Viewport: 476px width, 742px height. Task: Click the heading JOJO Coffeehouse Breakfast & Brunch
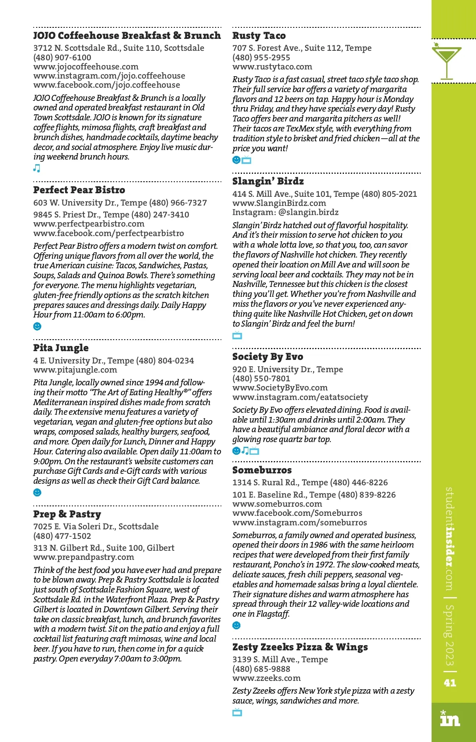[127, 36]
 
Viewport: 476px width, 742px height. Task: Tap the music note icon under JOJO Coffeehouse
[36, 168]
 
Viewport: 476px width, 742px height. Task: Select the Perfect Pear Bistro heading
[79, 190]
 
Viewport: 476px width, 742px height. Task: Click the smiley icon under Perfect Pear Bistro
[37, 326]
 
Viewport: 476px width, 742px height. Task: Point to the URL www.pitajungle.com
[75, 370]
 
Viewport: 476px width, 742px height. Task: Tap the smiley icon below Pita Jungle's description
[37, 492]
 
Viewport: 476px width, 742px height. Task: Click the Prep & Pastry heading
[67, 514]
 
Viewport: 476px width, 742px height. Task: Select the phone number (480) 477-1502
[62, 536]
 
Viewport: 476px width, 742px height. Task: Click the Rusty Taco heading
[259, 36]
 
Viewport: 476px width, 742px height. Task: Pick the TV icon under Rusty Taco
[247, 160]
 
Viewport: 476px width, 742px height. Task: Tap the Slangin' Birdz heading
[268, 181]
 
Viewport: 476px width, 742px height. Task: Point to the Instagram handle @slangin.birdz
[308, 212]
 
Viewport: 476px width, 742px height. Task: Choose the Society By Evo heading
[267, 357]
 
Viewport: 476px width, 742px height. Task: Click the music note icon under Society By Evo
[245, 451]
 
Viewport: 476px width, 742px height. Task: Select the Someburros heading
[262, 470]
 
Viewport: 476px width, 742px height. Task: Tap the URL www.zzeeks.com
[266, 678]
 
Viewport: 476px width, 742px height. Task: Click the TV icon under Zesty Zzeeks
[237, 712]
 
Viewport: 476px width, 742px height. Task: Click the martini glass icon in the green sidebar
[447, 60]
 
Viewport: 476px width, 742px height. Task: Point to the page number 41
[450, 683]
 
